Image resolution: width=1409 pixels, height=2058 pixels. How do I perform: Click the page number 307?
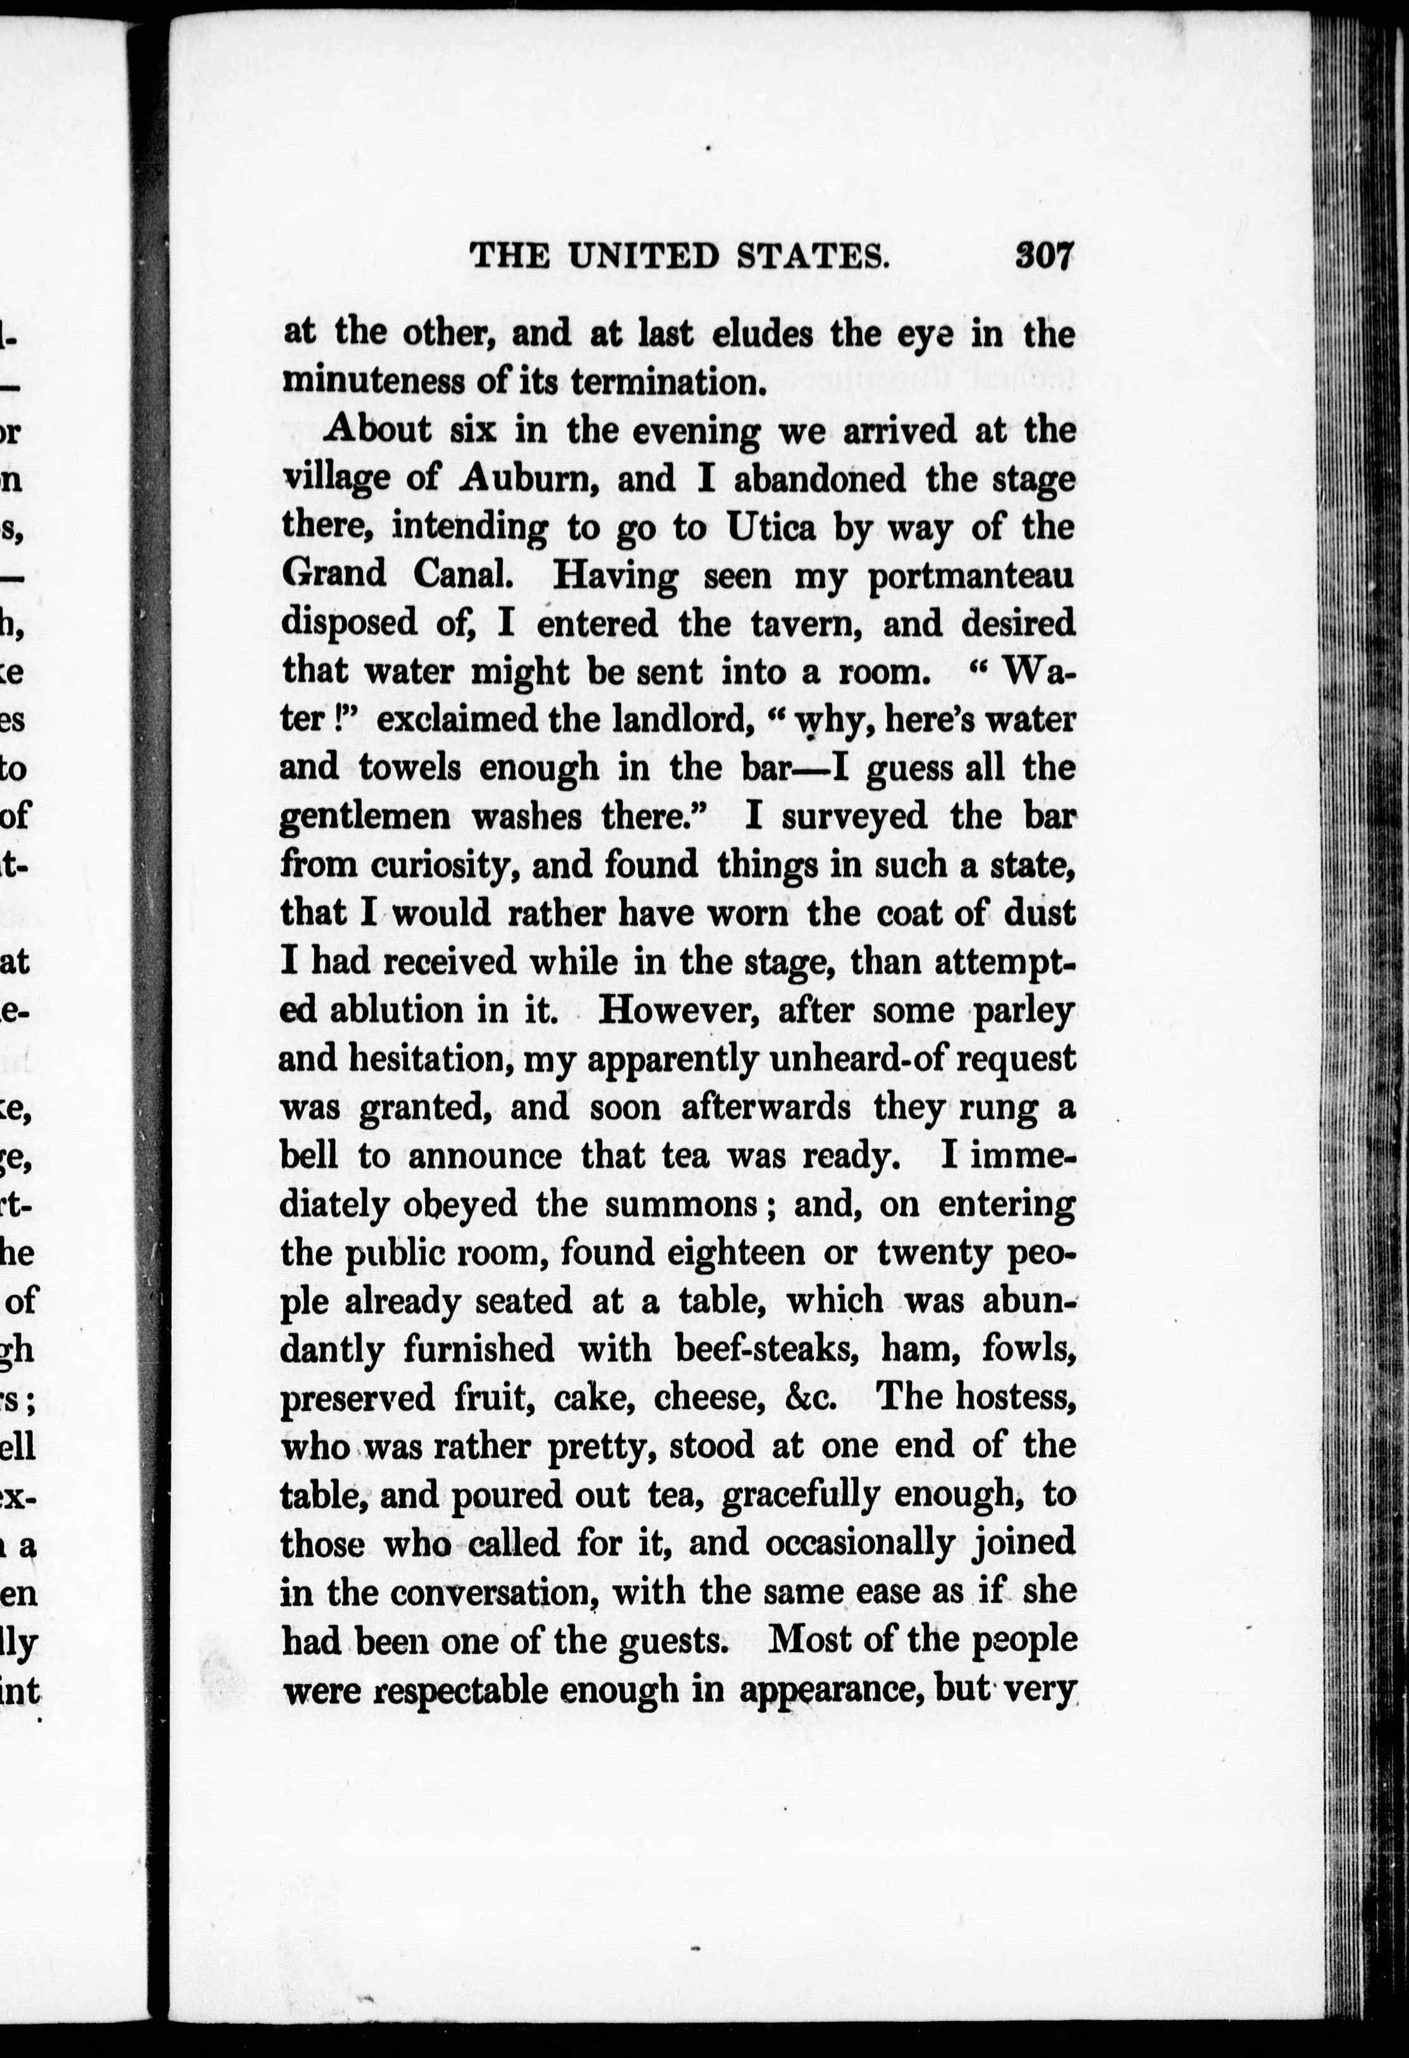1044,256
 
